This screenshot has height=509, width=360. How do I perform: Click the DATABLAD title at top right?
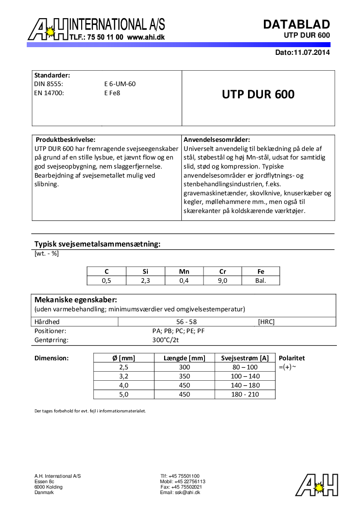pos(297,24)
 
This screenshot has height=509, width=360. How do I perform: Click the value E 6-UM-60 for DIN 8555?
pos(120,84)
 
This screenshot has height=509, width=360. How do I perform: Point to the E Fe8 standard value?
pos(112,93)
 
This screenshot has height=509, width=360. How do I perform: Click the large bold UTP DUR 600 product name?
pos(258,94)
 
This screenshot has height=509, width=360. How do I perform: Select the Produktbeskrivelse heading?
pos(66,140)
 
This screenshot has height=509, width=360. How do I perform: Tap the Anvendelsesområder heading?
pos(217,140)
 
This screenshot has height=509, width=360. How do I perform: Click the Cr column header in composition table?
pos(223,271)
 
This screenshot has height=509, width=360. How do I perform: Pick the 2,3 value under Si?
pos(145,281)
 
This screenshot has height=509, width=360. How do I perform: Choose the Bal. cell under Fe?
pos(261,281)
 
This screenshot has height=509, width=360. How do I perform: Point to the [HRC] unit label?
pos(266,322)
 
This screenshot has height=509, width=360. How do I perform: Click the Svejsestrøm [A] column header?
pos(245,358)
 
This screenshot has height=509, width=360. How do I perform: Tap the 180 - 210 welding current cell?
pos(245,394)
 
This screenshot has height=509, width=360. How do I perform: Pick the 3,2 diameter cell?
pos(124,376)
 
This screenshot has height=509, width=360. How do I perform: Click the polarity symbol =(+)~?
pos(287,367)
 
